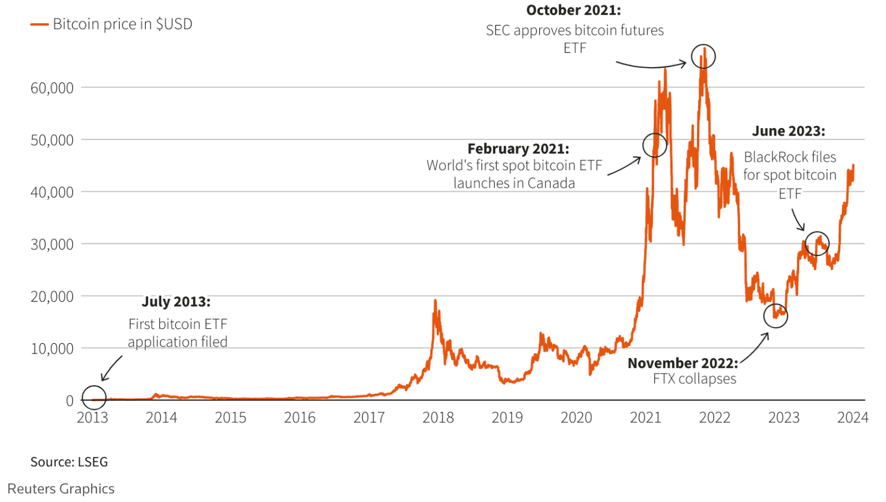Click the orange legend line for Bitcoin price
pos(39,24)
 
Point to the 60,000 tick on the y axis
pos(52,88)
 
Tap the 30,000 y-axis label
pos(52,245)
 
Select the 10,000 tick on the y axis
pos(52,349)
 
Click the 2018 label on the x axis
pos(438,418)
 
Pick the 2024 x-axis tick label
pos(852,418)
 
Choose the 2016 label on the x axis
pos(300,418)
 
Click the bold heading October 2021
pos(573,10)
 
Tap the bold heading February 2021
pos(518,149)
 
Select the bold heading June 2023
pos(789,131)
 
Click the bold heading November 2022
pos(683,364)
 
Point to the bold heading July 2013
pos(176,302)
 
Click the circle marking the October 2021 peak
pos(703,56)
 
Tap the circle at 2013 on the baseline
pos(94,397)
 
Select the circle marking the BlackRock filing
pos(817,244)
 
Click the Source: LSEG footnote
pos(69,462)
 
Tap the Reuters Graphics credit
pos(61,489)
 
